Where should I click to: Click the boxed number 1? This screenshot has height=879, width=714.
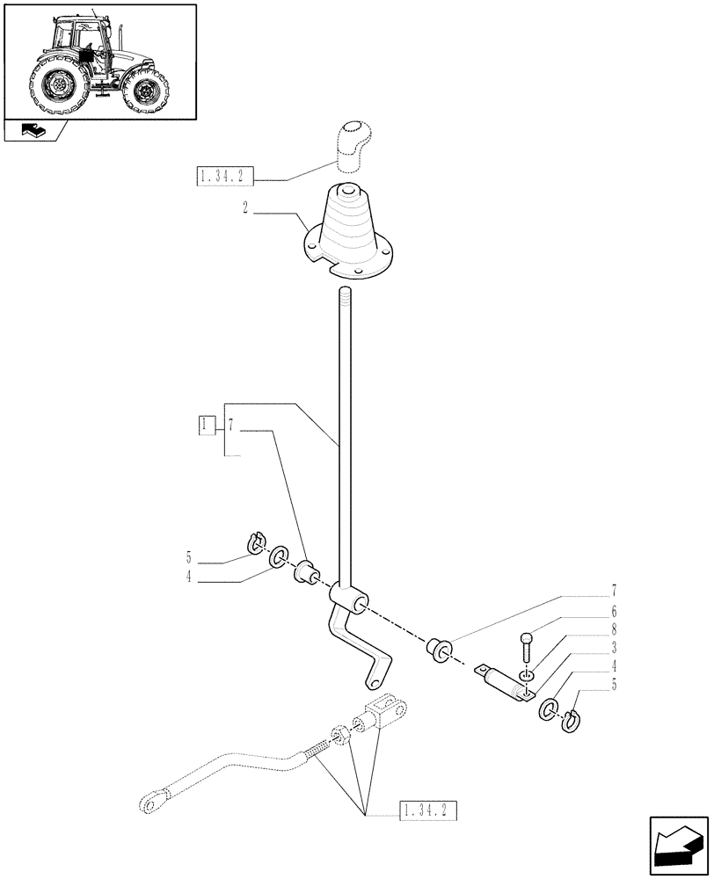click(x=205, y=426)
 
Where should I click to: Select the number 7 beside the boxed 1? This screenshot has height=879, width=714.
click(x=230, y=426)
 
